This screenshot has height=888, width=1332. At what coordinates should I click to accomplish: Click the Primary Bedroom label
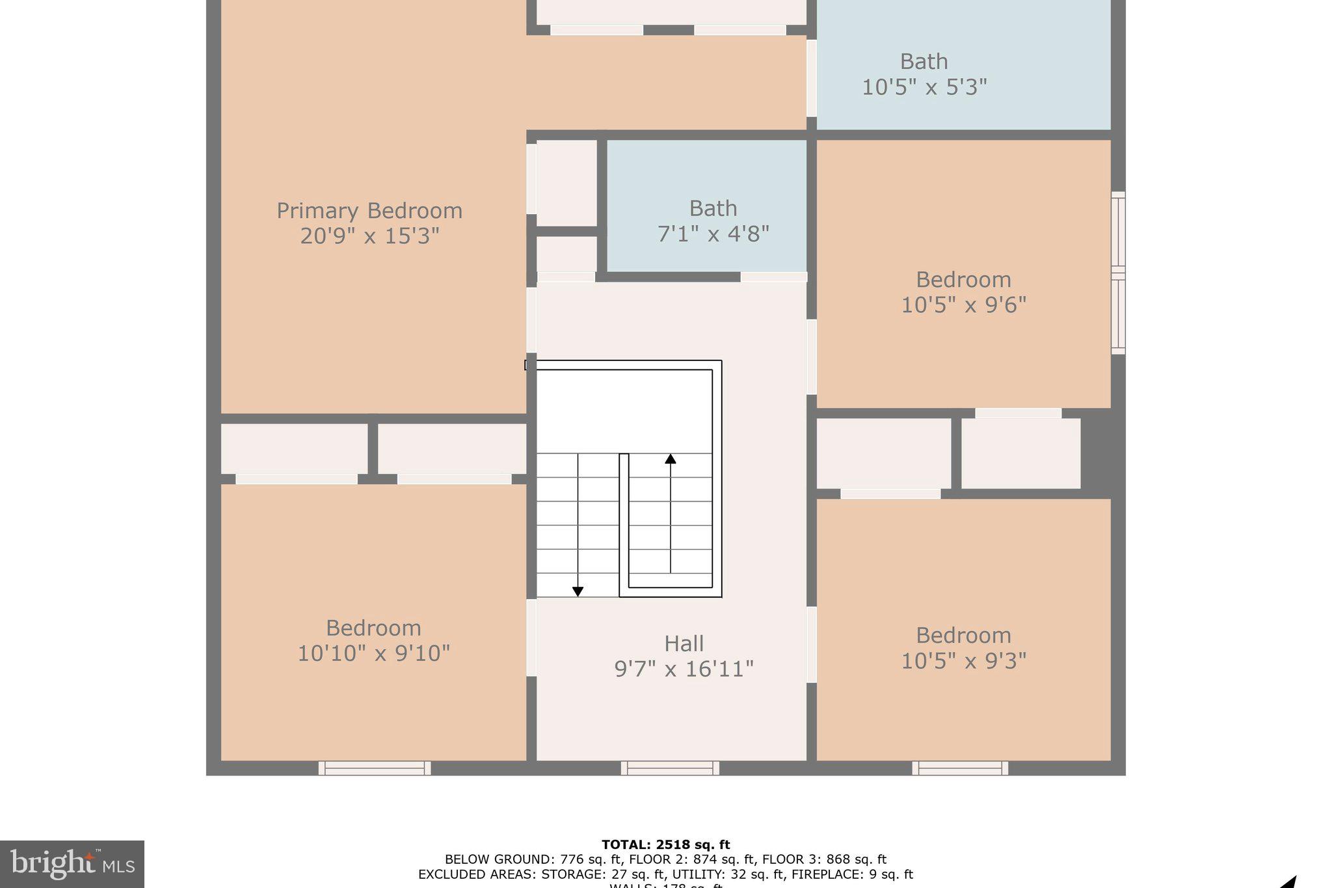coord(369,211)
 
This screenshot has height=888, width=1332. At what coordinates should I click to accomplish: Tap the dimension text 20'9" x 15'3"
coord(369,235)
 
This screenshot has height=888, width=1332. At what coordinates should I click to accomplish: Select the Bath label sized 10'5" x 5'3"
coord(924,62)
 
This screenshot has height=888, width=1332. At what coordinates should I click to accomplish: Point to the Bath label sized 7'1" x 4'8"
coord(713,209)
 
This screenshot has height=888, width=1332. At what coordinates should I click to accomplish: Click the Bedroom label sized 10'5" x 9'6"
coord(963,280)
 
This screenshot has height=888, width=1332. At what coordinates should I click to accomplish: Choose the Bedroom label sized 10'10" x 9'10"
coord(373,628)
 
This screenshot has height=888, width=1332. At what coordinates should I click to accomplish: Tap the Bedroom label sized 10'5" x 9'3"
coord(963,636)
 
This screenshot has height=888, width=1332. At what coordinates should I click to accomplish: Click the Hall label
coord(684,644)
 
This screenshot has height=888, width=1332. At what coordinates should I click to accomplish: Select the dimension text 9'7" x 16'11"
coord(684,669)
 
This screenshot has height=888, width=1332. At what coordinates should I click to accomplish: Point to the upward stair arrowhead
coord(671,459)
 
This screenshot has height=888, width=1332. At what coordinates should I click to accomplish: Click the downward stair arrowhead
coord(578,591)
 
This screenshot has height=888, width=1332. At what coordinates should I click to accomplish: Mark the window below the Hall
coord(670,768)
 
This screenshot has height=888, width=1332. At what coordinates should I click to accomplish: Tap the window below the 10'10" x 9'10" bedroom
coord(374,768)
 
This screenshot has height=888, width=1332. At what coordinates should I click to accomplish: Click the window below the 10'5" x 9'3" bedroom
coord(960,768)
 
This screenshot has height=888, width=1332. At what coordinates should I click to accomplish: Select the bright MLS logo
coord(72,864)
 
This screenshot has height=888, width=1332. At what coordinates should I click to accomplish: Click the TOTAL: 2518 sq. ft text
coord(665,845)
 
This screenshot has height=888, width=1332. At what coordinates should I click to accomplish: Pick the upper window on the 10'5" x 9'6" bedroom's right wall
coord(1118,233)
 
